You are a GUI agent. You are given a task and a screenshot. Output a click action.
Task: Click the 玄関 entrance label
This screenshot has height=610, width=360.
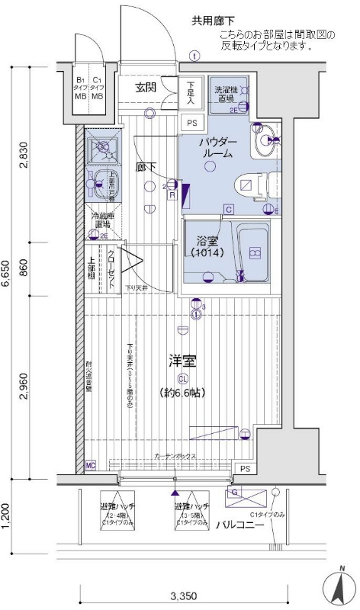146,87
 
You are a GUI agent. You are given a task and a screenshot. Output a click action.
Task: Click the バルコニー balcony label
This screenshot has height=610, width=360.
239,525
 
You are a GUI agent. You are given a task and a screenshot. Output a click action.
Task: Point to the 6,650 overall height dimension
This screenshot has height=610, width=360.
7,270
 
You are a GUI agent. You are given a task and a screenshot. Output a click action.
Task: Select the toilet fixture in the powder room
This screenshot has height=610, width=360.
248,185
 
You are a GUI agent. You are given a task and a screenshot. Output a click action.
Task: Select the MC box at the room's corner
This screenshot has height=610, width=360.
90,465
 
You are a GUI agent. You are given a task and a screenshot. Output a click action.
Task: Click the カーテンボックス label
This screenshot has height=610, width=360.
175,456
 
